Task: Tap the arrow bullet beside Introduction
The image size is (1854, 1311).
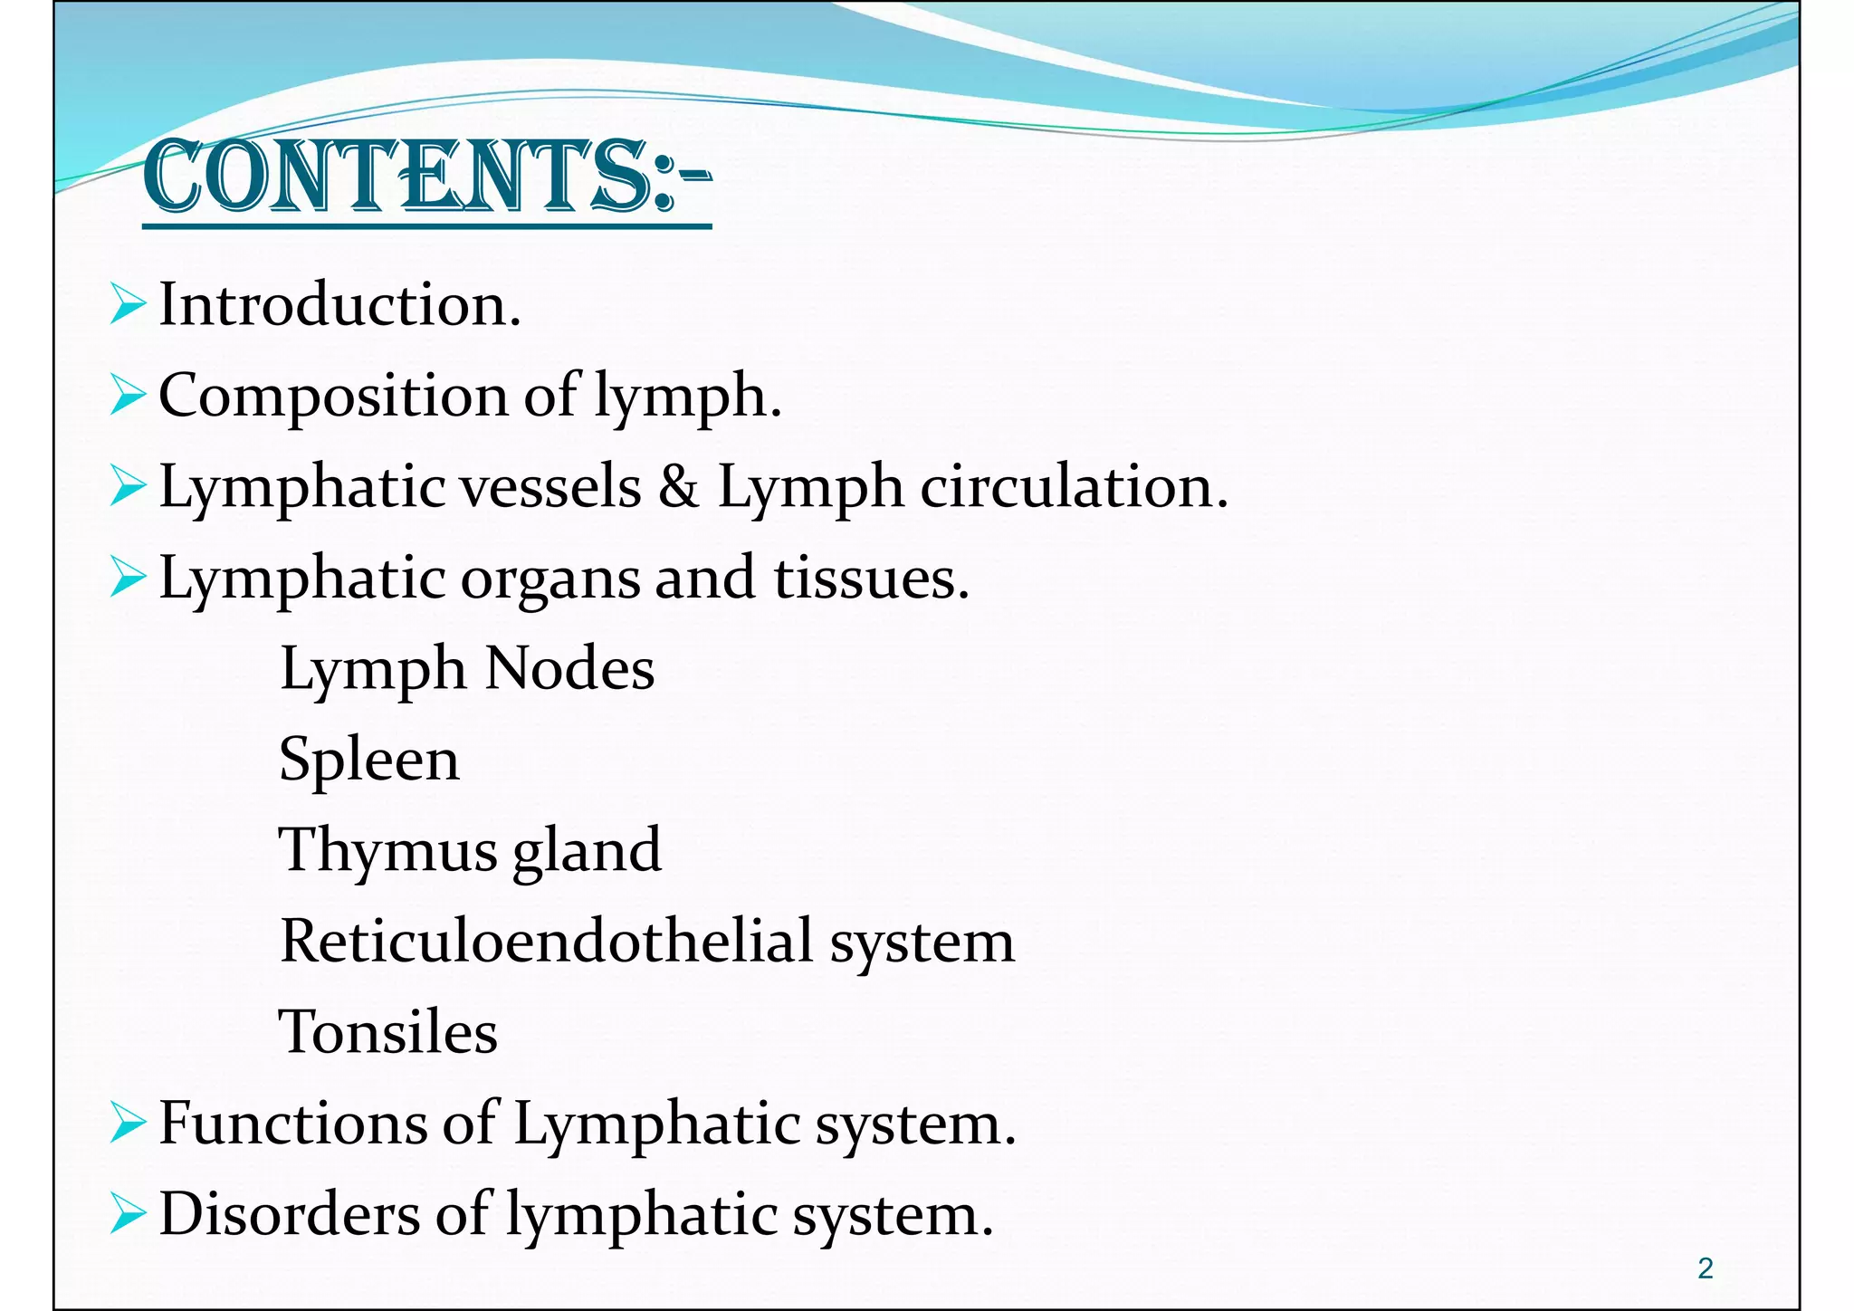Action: click(x=128, y=305)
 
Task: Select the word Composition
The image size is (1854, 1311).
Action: click(x=333, y=397)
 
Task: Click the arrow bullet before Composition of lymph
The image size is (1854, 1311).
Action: click(x=128, y=397)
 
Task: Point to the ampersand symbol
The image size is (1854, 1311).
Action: click(x=679, y=487)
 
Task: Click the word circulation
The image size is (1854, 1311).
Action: click(x=1074, y=487)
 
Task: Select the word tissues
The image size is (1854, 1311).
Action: click(x=871, y=579)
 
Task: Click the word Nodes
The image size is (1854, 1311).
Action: click(x=569, y=670)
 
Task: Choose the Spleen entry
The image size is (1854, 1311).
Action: click(x=369, y=761)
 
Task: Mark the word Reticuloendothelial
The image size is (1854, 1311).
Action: click(x=546, y=942)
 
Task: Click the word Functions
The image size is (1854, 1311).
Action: click(x=291, y=1124)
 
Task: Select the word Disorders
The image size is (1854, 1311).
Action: click(x=290, y=1214)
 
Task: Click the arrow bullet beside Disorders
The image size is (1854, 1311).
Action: click(x=128, y=1214)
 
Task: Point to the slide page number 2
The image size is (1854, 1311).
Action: click(x=1706, y=1268)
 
